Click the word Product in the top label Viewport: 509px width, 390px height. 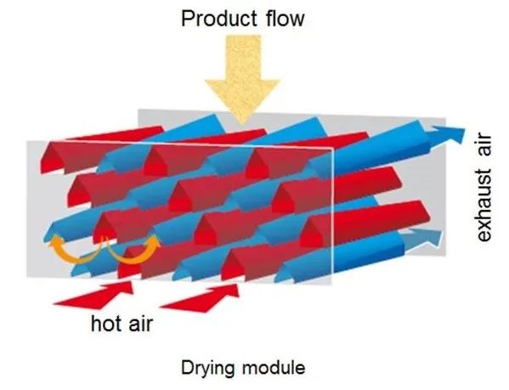point(219,19)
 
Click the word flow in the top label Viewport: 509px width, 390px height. point(285,19)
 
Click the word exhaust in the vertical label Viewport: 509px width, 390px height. point(484,205)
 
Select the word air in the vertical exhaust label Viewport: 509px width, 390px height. point(484,147)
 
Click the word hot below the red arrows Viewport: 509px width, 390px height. point(107,324)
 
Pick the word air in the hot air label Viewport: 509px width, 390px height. point(141,324)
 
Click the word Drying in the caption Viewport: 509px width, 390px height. point(207,369)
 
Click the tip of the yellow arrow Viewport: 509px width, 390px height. point(242,125)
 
